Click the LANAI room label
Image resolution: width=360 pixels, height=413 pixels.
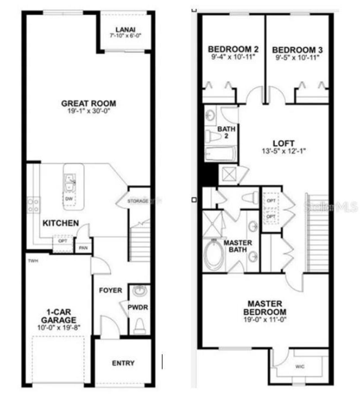pyautogui.click(x=125, y=30)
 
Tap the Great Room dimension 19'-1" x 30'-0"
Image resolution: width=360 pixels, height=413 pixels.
pyautogui.click(x=88, y=111)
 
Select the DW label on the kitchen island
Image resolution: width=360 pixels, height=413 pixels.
pyautogui.click(x=69, y=199)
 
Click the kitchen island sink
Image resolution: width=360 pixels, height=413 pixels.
pyautogui.click(x=69, y=183)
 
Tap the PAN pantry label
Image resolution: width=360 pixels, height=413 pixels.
pyautogui.click(x=83, y=248)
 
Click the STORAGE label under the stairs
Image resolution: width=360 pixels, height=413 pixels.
pyautogui.click(x=138, y=201)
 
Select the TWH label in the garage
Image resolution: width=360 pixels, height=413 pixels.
pyautogui.click(x=33, y=261)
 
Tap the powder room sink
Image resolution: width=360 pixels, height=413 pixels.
pyautogui.click(x=140, y=291)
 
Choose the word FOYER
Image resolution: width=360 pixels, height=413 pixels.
pyautogui.click(x=111, y=290)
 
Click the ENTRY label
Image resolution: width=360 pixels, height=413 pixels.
pyautogui.click(x=123, y=363)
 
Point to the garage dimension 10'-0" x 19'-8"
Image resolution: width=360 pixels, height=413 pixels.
pyautogui.click(x=59, y=328)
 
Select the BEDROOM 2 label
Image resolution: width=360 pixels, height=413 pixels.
pyautogui.click(x=233, y=49)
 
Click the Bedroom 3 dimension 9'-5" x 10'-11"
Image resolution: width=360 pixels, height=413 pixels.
pyautogui.click(x=297, y=58)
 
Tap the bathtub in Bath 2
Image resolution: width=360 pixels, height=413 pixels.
pyautogui.click(x=220, y=154)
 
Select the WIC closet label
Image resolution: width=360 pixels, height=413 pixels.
pyautogui.click(x=300, y=367)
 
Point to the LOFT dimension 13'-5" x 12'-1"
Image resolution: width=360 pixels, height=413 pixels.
pyautogui.click(x=283, y=151)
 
